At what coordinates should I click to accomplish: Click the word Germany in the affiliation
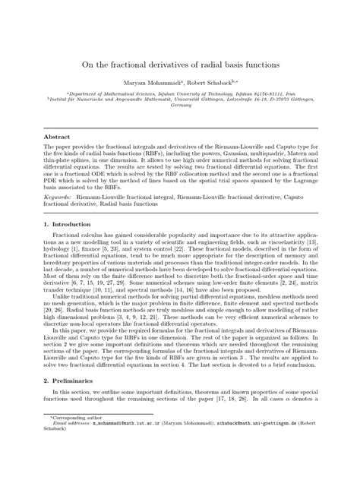tap(180, 106)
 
